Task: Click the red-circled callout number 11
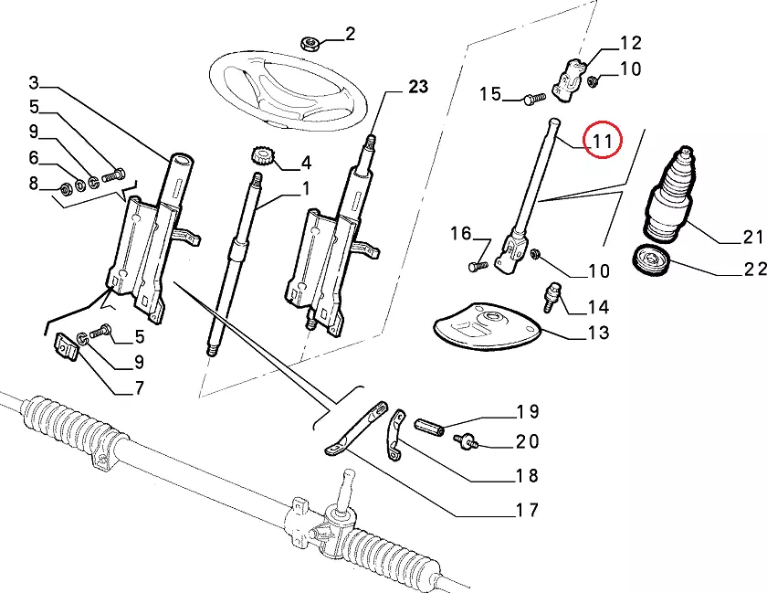click(x=602, y=141)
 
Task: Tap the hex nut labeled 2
click(x=310, y=44)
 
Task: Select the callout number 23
click(x=418, y=87)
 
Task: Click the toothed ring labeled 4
click(x=263, y=156)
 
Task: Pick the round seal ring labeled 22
click(x=652, y=261)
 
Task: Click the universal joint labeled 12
click(x=569, y=79)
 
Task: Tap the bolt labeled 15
click(x=535, y=99)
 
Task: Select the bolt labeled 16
click(x=478, y=267)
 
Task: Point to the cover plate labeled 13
click(x=487, y=326)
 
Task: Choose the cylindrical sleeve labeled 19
click(x=429, y=427)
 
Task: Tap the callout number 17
click(x=528, y=511)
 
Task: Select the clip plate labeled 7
click(x=66, y=346)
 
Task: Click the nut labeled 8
click(x=65, y=188)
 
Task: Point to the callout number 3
click(x=33, y=82)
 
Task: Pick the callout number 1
click(x=306, y=188)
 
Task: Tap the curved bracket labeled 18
click(x=396, y=435)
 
